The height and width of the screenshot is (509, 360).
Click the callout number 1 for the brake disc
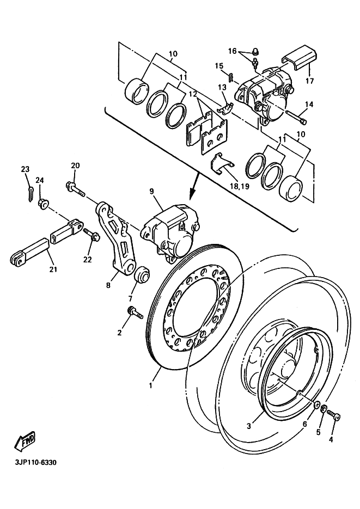pos(151,385)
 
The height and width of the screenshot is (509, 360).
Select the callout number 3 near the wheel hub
pos(248,426)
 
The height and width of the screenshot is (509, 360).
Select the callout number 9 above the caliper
pos(152,191)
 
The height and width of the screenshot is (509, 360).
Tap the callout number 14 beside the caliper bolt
pos(309,105)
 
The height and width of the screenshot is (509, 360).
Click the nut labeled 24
pos(42,204)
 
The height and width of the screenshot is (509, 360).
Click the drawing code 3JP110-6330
pos(32,463)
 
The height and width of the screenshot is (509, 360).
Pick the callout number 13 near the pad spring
pos(223,88)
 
